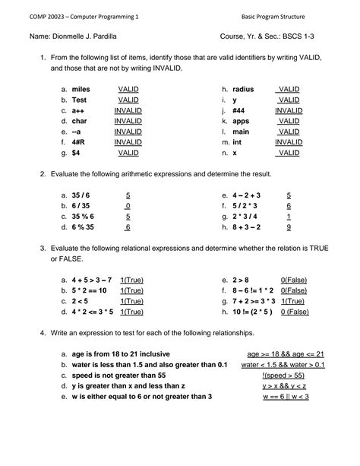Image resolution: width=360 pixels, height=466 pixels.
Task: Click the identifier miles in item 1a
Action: coord(81,89)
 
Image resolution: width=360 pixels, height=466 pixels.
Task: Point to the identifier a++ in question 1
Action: coord(79,110)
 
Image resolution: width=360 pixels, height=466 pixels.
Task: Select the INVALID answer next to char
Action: coord(128,121)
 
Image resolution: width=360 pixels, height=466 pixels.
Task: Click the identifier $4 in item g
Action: coord(77,153)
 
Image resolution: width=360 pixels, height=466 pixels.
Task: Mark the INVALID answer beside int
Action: coord(288,142)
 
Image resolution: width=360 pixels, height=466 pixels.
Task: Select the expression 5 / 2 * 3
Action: coord(246,206)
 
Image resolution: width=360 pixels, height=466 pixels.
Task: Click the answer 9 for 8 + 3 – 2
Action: coord(289,227)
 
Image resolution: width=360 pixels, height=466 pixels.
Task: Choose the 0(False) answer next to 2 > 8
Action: coord(293,280)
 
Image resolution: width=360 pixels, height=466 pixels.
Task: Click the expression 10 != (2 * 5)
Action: coord(253,312)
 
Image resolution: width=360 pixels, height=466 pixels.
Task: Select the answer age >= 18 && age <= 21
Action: coord(286,354)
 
